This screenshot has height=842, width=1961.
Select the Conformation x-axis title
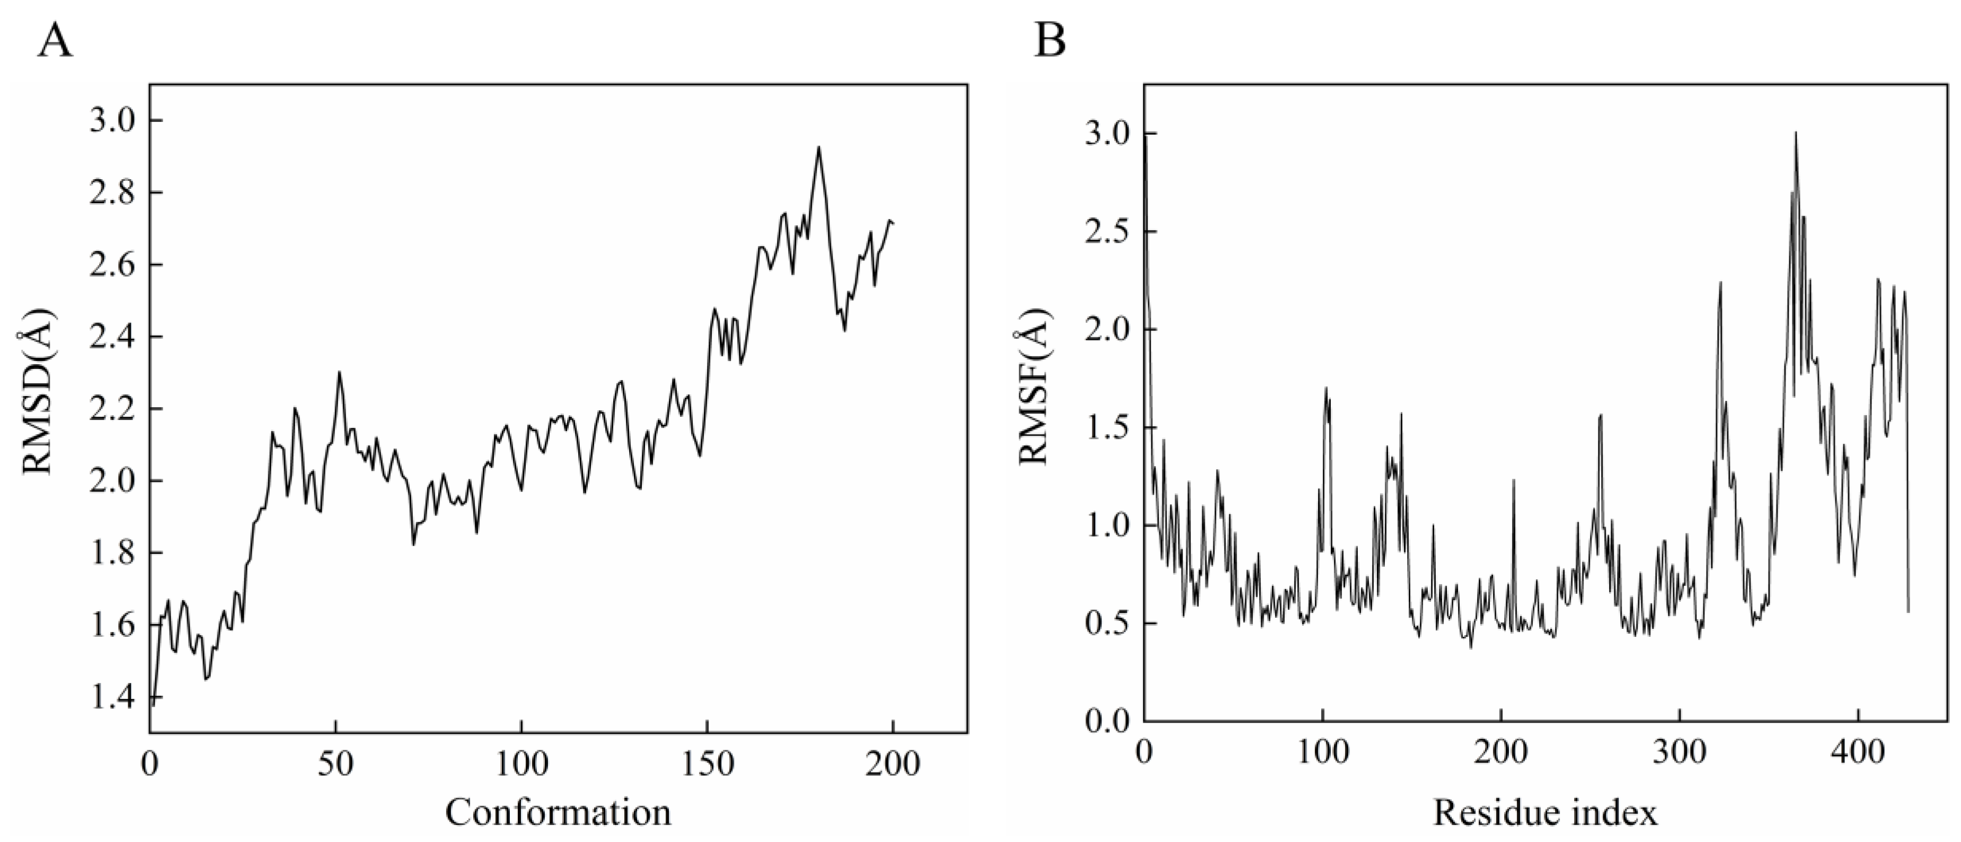558,812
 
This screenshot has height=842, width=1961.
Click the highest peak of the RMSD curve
819,148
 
